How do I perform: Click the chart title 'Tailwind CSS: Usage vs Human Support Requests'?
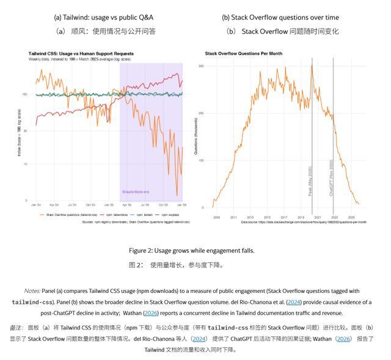click(81, 54)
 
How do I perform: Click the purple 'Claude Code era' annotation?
click(136, 192)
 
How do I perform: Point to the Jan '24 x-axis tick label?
click(35, 205)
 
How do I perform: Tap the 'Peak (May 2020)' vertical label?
click(310, 181)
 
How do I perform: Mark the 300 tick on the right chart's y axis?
click(201, 65)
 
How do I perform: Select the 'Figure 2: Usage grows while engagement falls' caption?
click(191, 251)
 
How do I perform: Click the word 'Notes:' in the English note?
click(33, 291)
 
